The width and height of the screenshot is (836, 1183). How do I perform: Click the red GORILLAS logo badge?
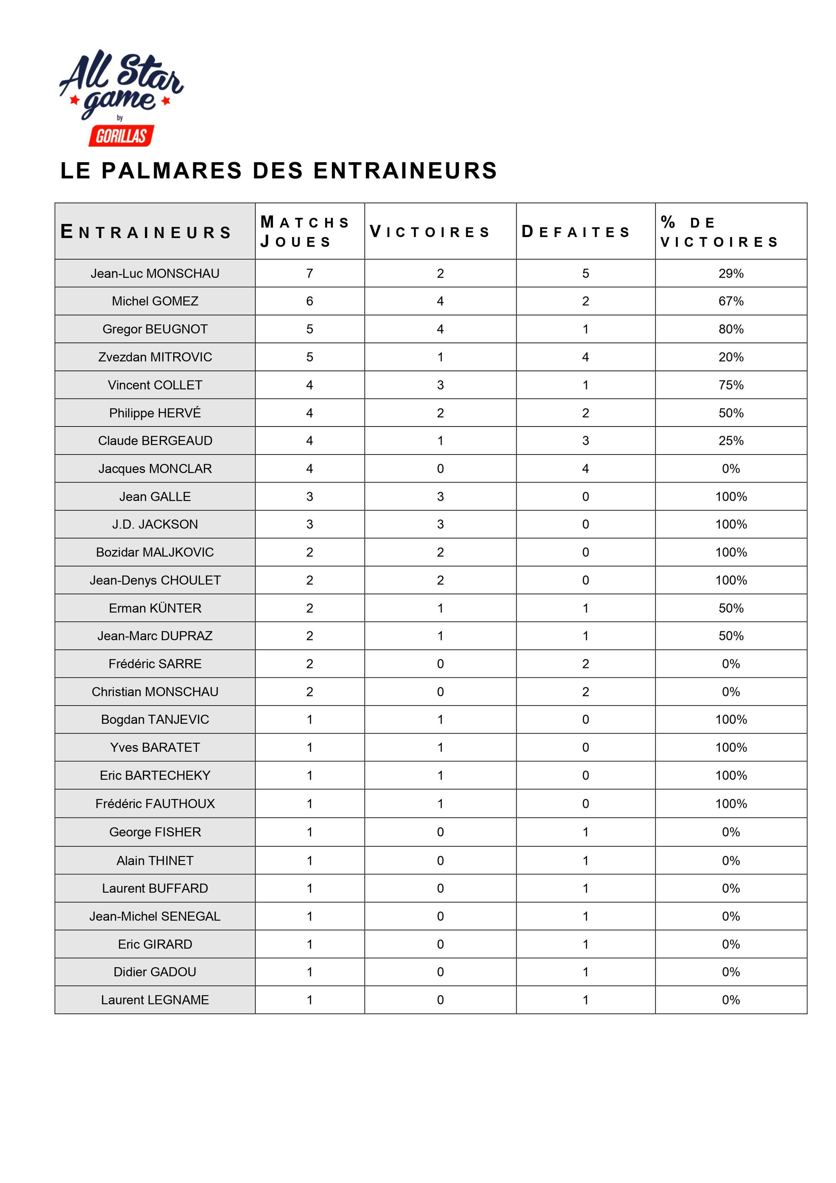click(122, 136)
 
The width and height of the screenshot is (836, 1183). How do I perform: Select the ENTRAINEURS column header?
click(146, 232)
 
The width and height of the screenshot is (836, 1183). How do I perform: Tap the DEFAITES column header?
click(576, 232)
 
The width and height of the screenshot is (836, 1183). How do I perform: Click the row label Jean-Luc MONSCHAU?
click(155, 273)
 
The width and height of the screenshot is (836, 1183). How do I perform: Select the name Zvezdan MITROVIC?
click(155, 357)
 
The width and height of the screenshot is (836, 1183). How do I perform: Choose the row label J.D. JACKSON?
click(155, 524)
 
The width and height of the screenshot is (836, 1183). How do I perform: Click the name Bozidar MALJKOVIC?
click(155, 552)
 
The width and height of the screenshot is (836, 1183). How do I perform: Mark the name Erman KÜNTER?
click(155, 608)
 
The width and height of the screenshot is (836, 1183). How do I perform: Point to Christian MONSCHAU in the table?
click(155, 692)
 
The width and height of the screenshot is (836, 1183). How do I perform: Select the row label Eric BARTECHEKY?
click(155, 775)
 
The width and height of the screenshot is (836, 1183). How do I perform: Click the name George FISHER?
click(155, 832)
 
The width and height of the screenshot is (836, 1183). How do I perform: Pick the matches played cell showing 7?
click(310, 273)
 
